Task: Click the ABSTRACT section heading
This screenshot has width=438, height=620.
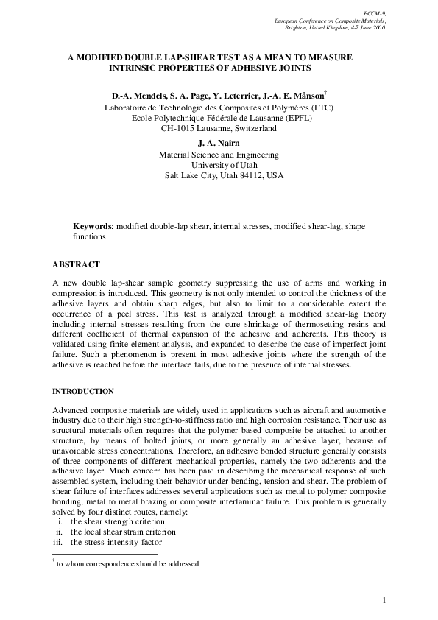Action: tap(77, 264)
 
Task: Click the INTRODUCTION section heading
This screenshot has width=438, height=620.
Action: tap(83, 390)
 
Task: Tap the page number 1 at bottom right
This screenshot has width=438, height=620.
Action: tap(384, 601)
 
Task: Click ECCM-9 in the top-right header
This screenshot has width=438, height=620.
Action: tap(375, 13)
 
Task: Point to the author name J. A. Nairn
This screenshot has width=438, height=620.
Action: tap(219, 143)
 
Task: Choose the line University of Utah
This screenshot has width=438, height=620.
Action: tap(219, 166)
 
